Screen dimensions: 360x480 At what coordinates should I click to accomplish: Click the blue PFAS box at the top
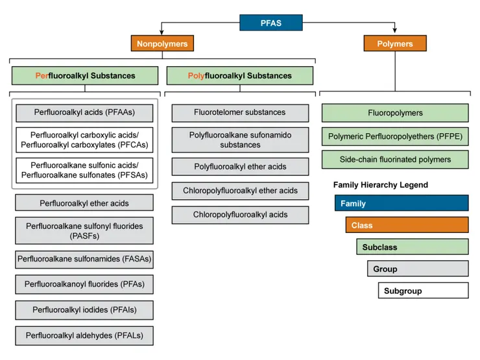click(270, 23)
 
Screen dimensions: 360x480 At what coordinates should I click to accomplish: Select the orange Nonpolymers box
click(162, 43)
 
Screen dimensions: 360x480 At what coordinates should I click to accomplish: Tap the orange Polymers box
click(394, 43)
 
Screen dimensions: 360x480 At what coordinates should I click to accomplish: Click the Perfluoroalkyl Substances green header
click(85, 75)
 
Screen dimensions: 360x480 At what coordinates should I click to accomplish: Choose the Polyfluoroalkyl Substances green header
click(239, 75)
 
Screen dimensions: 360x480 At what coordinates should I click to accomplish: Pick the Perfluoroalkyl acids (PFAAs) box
click(84, 112)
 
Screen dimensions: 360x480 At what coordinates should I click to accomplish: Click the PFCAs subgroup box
click(84, 140)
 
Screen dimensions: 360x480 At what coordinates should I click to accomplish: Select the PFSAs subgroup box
click(84, 170)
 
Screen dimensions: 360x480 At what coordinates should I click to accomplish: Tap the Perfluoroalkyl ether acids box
click(84, 203)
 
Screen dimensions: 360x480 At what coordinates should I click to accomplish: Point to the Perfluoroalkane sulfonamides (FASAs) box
click(84, 259)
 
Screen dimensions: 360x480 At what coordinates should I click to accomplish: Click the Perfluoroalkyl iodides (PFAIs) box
click(84, 310)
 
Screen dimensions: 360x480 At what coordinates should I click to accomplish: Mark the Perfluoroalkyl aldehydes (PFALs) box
click(84, 335)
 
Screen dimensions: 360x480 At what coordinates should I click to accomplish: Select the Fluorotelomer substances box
click(239, 112)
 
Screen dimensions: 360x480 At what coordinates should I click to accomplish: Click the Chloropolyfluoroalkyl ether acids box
click(239, 191)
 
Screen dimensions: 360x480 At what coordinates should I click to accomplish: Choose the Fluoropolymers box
click(394, 113)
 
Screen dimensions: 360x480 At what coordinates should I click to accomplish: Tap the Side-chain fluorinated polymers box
click(394, 159)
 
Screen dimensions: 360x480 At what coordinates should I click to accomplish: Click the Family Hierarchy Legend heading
click(380, 185)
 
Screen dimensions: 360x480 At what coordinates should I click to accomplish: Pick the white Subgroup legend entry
click(423, 291)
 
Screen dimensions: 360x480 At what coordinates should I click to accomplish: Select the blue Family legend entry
click(401, 203)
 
